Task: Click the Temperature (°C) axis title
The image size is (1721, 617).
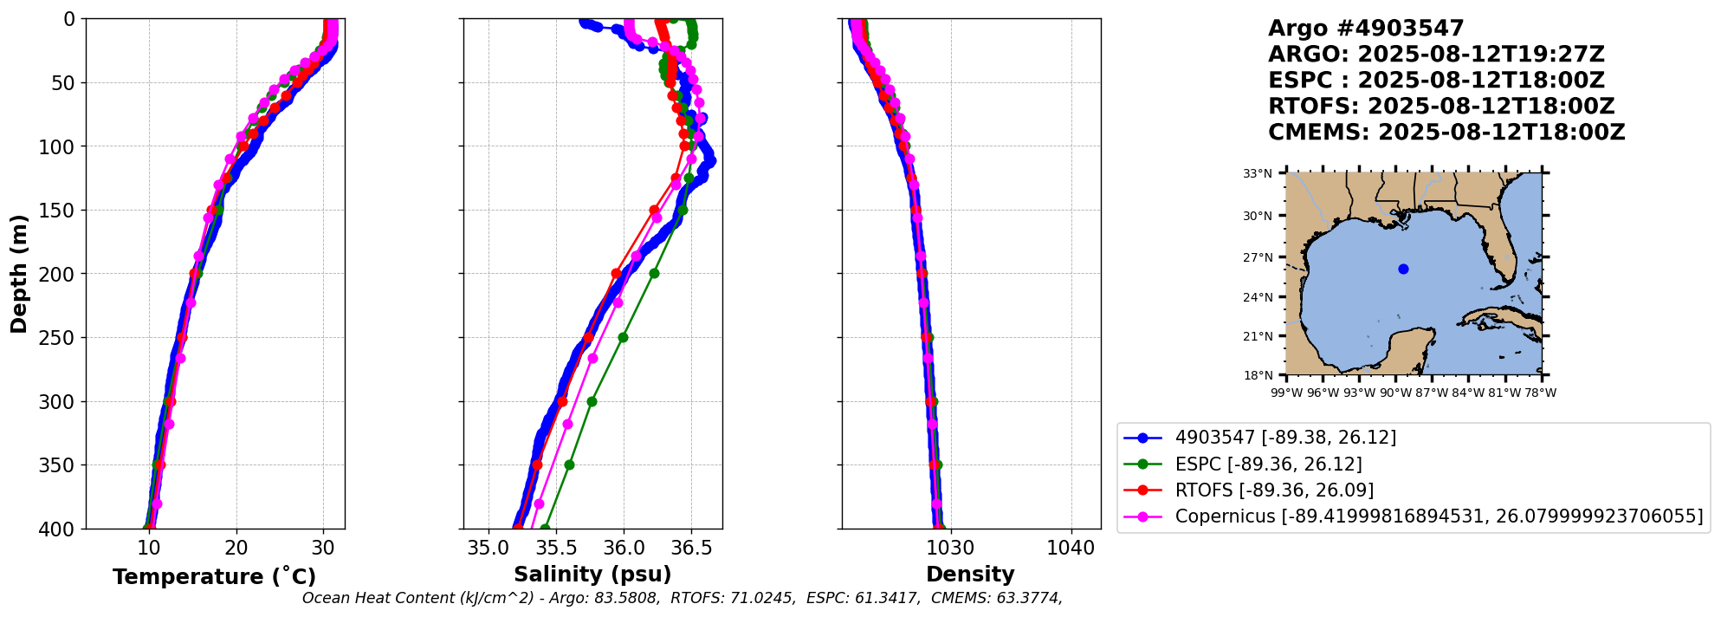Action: (214, 577)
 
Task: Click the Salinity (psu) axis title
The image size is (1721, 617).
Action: (592, 575)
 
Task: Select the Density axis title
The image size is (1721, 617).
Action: (970, 575)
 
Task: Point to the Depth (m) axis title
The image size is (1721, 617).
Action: (19, 273)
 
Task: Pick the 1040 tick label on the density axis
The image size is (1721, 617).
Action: (1071, 548)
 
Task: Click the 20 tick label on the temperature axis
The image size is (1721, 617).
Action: (236, 548)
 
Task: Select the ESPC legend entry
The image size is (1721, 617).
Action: (1268, 464)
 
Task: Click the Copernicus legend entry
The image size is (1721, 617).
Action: (1439, 516)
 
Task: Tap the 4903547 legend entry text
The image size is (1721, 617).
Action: (1285, 438)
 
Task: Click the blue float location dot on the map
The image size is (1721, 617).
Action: (1403, 269)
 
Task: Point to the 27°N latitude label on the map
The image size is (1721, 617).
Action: (1258, 257)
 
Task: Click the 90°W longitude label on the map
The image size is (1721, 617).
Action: (1394, 393)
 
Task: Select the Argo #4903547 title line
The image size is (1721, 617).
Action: (1366, 29)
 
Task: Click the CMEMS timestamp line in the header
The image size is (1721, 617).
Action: (1446, 133)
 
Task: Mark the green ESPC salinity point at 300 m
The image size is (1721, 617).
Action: (592, 401)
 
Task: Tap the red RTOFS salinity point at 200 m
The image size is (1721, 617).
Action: (616, 273)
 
